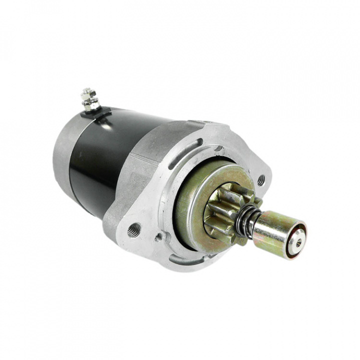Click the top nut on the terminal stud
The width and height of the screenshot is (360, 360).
88,93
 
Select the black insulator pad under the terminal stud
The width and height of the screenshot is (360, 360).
98,114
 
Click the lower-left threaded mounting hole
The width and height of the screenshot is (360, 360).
134,229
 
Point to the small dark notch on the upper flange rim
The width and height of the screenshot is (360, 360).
218,147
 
